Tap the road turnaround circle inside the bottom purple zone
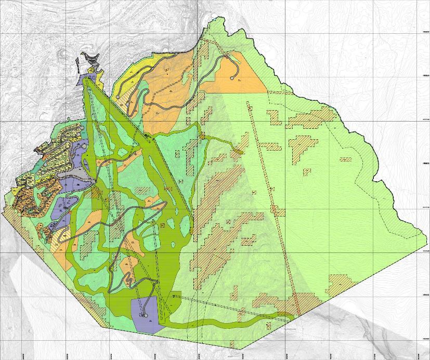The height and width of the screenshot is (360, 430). (x=145, y=315)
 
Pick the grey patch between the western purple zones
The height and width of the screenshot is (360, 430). (x=72, y=179)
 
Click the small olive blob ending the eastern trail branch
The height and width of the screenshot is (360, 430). (x=239, y=151)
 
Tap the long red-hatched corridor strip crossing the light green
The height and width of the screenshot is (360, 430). (x=270, y=197)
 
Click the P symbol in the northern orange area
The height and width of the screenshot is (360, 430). (x=166, y=71)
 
